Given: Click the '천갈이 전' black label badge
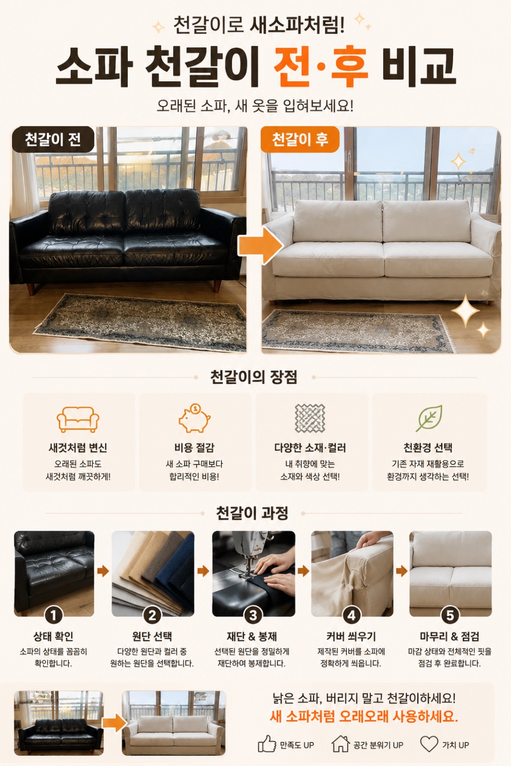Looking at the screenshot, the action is (53, 139).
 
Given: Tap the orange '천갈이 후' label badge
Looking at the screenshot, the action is (300, 139).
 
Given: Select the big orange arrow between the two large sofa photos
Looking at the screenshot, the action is (261, 245).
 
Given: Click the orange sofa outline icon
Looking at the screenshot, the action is (78, 419).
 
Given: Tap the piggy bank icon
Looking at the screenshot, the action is (194, 418).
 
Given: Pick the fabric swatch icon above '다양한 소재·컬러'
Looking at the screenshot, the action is (310, 418).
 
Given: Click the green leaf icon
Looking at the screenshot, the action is (429, 418).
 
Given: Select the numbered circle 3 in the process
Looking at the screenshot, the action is (253, 615).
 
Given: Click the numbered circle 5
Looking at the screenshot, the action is (450, 615).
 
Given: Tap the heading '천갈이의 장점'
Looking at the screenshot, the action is (253, 377).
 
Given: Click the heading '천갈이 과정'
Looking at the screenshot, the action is (252, 513).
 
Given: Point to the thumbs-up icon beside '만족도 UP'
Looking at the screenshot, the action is (267, 744).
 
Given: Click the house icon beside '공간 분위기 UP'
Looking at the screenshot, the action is (340, 744).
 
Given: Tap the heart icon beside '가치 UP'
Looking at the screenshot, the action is (429, 744).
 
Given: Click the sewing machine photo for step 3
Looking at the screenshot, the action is (253, 574).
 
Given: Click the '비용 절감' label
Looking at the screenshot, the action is (194, 448).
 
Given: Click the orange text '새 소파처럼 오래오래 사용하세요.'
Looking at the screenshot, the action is (363, 716).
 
